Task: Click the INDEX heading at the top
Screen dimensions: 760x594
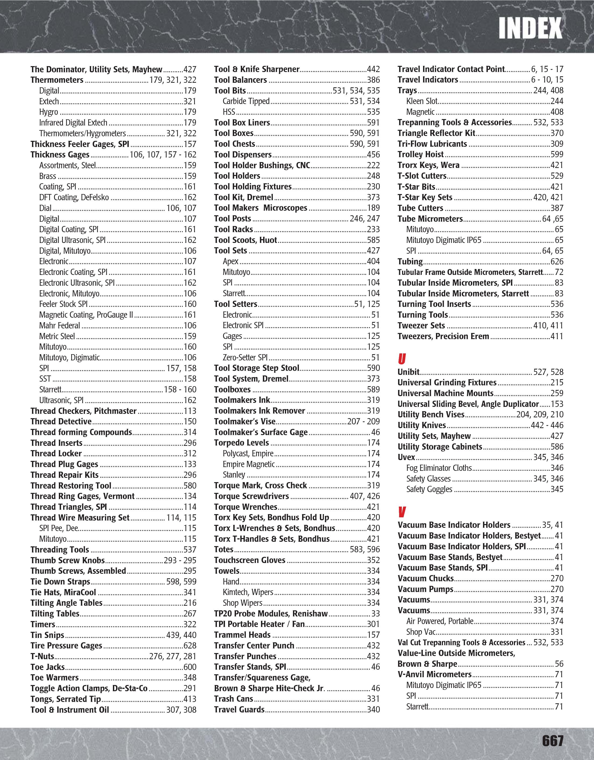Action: point(530,28)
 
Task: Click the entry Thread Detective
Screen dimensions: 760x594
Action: point(61,421)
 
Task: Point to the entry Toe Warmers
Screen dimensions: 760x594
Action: point(54,677)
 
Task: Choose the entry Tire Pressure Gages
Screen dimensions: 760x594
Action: point(66,646)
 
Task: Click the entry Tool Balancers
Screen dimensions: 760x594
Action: point(240,80)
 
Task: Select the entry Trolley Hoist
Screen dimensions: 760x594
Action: point(420,154)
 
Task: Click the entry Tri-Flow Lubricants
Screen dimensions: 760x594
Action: point(432,144)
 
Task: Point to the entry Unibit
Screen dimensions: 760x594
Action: point(408,372)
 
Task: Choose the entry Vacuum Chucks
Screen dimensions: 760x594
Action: point(425,578)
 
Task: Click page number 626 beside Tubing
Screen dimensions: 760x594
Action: point(557,261)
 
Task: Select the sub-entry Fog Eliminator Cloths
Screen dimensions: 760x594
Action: point(439,468)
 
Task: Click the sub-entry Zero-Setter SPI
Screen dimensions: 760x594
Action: point(245,357)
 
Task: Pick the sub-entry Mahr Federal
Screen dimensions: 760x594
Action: point(59,325)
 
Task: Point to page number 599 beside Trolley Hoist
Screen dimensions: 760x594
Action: point(557,154)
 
